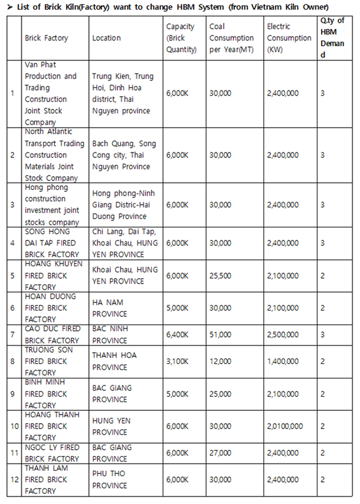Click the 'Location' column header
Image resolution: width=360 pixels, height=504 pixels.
(106, 38)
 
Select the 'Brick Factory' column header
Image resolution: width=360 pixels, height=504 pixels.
(46, 38)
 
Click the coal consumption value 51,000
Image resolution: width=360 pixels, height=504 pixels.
(221, 334)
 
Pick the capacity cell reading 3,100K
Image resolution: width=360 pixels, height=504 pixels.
(177, 361)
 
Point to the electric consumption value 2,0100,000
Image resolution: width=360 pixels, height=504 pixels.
(285, 426)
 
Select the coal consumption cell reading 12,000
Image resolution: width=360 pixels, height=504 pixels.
(221, 361)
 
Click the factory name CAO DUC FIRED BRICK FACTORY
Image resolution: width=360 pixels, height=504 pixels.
(52, 334)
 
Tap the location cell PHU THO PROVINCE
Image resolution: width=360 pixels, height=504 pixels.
(110, 479)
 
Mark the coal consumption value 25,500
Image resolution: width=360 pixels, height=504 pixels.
(221, 276)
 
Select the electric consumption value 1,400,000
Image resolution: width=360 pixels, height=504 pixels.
(283, 361)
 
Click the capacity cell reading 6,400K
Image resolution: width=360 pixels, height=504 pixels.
(177, 334)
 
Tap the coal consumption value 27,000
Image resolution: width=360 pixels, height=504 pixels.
(221, 453)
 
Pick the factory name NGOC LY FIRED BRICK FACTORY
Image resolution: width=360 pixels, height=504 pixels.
(52, 453)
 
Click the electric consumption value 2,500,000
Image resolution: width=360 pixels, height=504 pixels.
(283, 334)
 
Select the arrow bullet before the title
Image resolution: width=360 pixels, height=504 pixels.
(11, 7)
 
